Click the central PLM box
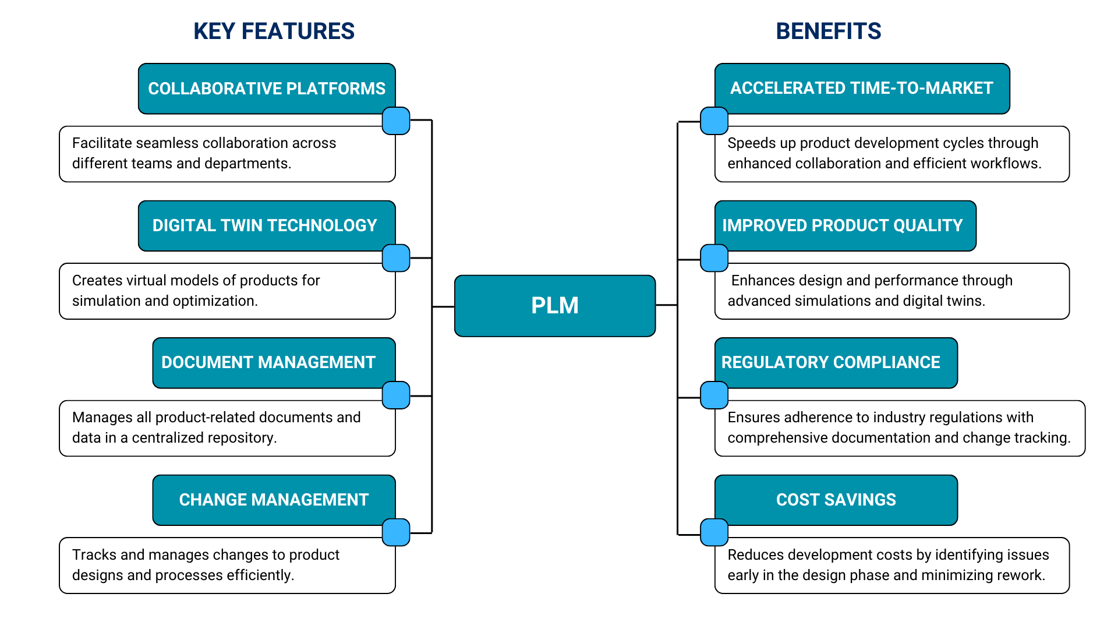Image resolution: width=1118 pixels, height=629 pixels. (554, 306)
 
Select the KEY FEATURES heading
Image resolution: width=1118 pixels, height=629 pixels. (274, 31)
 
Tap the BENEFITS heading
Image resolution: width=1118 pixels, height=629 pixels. (828, 31)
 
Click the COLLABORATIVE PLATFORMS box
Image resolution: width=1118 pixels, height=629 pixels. (267, 89)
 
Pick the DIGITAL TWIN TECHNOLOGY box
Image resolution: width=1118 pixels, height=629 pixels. (265, 225)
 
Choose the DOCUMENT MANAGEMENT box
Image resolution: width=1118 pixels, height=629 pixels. (268, 362)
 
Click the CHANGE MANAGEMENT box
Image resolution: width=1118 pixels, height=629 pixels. (274, 500)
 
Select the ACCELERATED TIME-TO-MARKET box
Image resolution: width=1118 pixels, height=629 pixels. (861, 88)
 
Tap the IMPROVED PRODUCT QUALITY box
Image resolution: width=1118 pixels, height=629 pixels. (843, 225)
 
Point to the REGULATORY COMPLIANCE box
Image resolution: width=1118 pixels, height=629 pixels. (831, 362)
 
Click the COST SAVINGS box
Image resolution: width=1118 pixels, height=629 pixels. (836, 500)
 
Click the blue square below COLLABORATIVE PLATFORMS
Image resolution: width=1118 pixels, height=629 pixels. (396, 121)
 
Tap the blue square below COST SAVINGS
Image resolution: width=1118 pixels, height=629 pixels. (714, 532)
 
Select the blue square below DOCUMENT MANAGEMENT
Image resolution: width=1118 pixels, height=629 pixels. (396, 395)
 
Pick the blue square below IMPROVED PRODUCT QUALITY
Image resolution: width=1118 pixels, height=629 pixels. (714, 258)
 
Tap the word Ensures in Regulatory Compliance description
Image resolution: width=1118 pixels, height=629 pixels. (753, 418)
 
